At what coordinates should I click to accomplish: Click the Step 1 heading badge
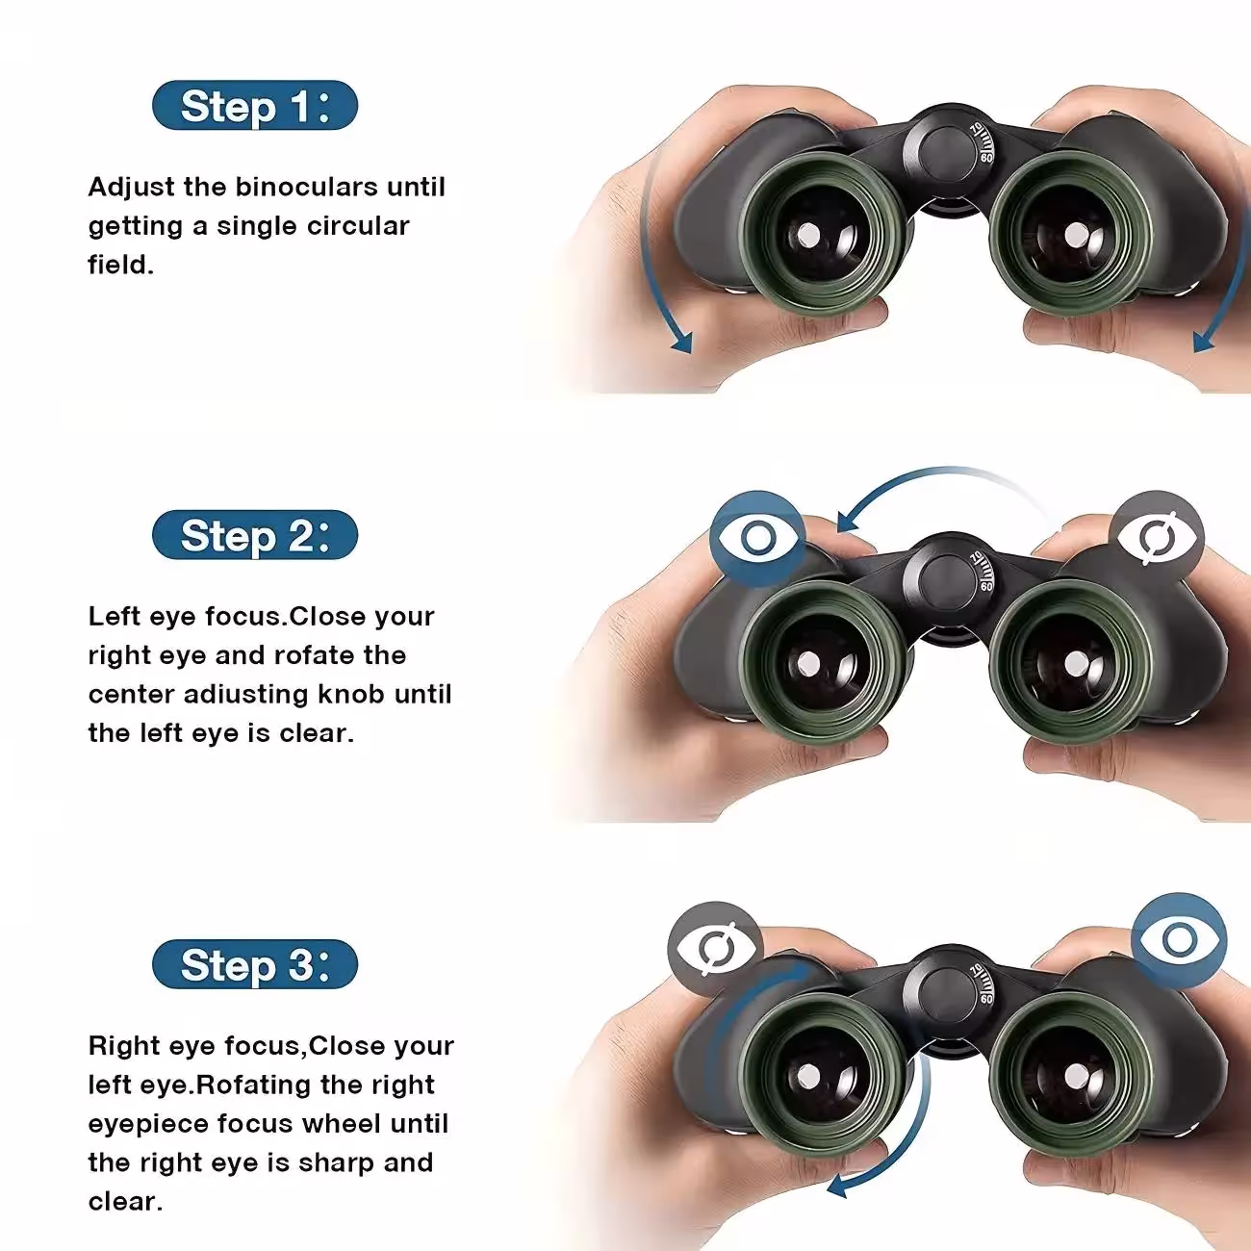pyautogui.click(x=255, y=105)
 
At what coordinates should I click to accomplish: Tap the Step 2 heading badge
pyautogui.click(x=255, y=535)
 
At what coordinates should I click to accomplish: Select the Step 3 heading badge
pyautogui.click(x=255, y=964)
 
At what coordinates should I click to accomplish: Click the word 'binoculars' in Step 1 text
pyautogui.click(x=306, y=187)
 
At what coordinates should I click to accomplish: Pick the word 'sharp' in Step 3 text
pyautogui.click(x=336, y=1163)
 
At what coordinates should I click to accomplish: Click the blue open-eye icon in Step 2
pyautogui.click(x=757, y=538)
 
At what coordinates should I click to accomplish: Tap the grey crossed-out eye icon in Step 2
pyautogui.click(x=1157, y=538)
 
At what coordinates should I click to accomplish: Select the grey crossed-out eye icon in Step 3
pyautogui.click(x=715, y=949)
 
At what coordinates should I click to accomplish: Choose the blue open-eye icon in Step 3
pyautogui.click(x=1179, y=939)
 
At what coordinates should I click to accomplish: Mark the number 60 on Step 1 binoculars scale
pyautogui.click(x=986, y=157)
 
